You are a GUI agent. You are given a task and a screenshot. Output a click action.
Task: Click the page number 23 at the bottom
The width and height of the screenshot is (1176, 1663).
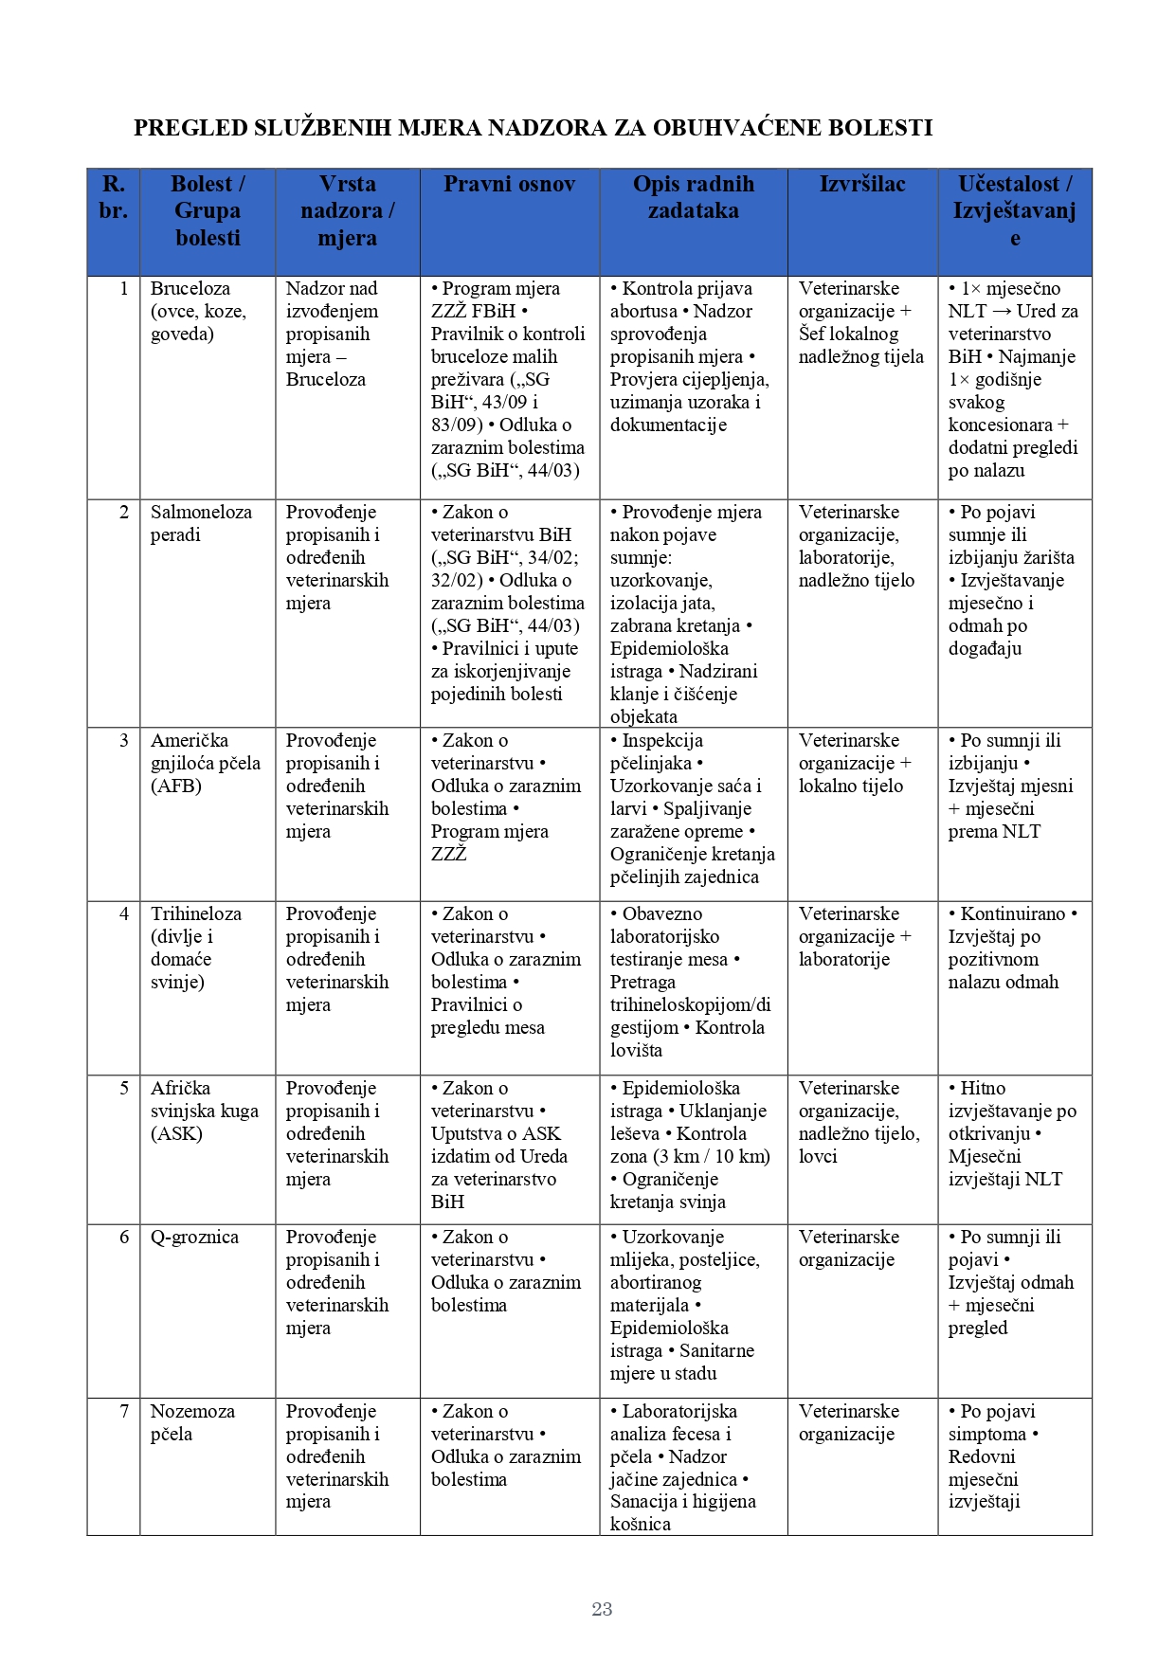[602, 1608]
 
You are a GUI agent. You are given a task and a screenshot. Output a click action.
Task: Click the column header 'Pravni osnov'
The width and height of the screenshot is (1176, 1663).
[509, 185]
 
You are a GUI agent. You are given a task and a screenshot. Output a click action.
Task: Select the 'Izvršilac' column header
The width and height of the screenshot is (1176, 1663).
[861, 185]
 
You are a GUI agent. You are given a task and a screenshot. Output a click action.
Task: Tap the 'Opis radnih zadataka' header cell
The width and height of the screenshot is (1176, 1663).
[693, 197]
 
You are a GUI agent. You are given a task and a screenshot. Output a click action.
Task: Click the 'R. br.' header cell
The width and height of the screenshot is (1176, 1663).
[113, 197]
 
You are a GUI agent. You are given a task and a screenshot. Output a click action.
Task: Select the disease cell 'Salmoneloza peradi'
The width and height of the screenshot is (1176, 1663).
[201, 523]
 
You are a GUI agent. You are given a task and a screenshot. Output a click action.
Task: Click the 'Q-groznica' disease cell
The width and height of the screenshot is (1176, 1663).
[194, 1237]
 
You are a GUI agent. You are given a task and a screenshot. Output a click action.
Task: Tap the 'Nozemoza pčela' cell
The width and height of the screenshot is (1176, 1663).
[192, 1422]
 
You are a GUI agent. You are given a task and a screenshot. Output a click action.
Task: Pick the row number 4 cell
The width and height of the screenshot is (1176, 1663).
[124, 913]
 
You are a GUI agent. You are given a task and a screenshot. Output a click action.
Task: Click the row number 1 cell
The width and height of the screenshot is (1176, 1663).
[124, 288]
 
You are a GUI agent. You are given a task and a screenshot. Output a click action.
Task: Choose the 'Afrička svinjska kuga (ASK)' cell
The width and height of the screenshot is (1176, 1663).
[204, 1111]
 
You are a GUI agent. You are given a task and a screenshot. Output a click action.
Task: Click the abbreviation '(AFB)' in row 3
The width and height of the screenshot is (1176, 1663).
[176, 786]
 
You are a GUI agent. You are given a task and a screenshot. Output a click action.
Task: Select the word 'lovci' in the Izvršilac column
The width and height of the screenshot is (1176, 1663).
[818, 1156]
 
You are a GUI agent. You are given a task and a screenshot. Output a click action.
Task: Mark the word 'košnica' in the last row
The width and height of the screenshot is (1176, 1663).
[641, 1524]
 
